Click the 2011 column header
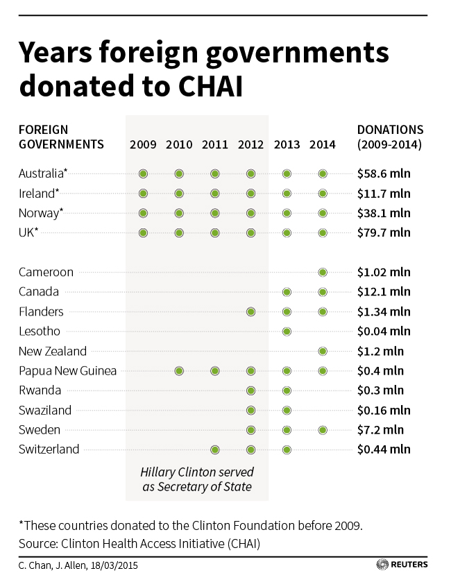click(214, 145)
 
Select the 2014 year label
click(323, 145)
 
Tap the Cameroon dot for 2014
click(323, 273)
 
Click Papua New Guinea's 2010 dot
click(179, 371)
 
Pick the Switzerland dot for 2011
click(215, 450)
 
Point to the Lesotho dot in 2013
click(287, 332)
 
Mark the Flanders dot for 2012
click(250, 312)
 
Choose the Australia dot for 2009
click(143, 173)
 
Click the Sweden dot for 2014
click(323, 430)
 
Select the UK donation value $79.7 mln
click(384, 232)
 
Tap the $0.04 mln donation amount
click(384, 332)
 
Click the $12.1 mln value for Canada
click(384, 292)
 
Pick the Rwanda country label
click(40, 391)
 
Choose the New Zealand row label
click(53, 351)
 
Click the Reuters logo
click(402, 563)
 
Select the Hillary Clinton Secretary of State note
click(196, 479)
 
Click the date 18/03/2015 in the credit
click(112, 564)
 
